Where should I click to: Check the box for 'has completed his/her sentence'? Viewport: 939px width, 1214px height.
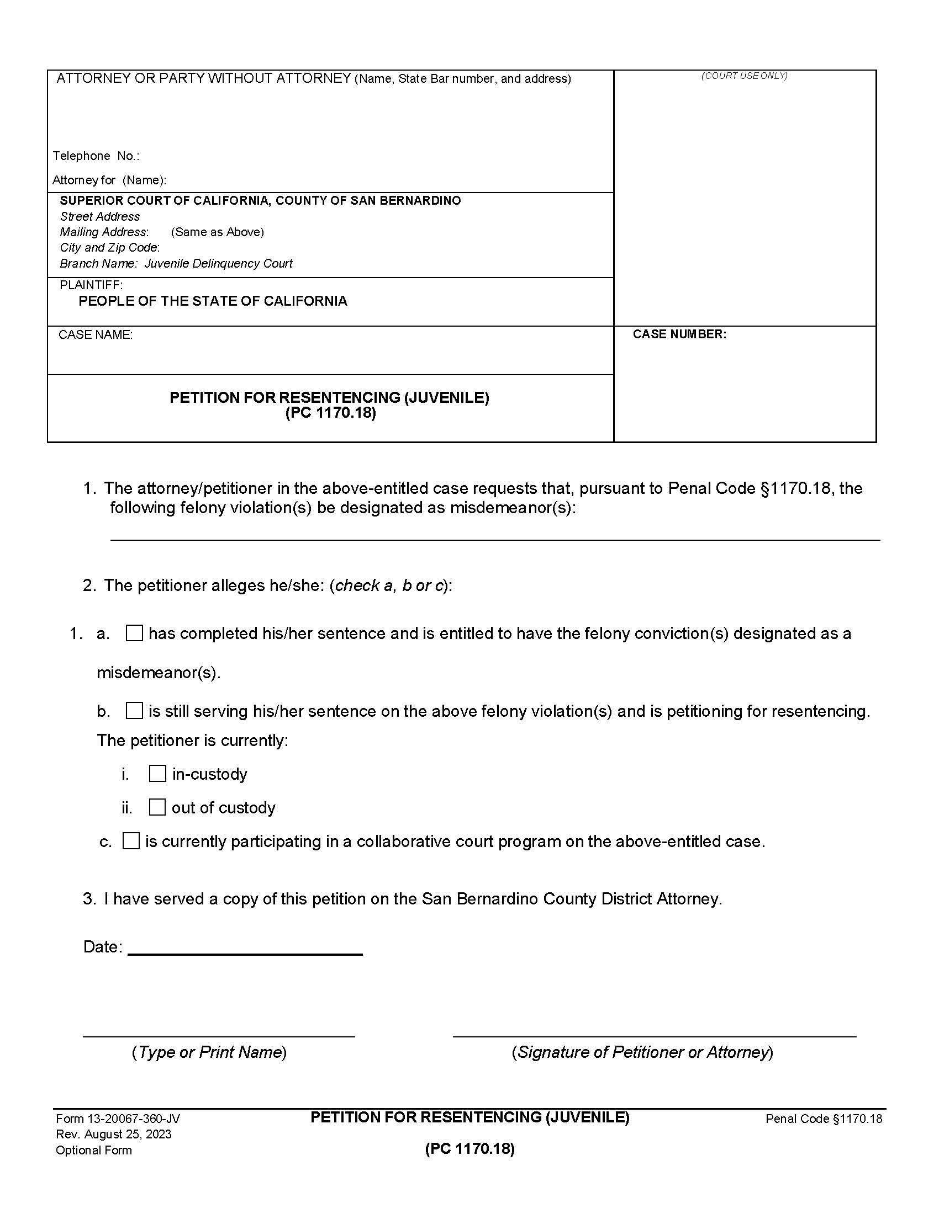[x=134, y=633]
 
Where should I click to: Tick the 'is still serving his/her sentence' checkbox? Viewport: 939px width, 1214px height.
[x=134, y=711]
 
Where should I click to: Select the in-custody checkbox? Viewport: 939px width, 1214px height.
[x=157, y=774]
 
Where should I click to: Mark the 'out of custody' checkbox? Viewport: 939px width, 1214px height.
[x=157, y=807]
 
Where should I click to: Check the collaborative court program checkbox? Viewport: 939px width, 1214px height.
[x=131, y=841]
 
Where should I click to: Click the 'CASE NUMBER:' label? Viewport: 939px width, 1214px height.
[x=679, y=334]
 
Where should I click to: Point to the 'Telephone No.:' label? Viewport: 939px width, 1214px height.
[x=96, y=156]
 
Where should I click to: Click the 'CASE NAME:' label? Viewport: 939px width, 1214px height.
[x=96, y=334]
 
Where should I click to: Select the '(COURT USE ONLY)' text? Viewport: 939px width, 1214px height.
[x=745, y=76]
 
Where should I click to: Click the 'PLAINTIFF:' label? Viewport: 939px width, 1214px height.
[x=91, y=285]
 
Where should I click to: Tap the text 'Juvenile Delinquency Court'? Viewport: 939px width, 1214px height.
[x=219, y=263]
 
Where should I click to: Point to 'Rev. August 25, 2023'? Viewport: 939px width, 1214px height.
[x=113, y=1135]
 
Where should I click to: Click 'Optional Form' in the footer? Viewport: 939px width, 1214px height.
[x=94, y=1150]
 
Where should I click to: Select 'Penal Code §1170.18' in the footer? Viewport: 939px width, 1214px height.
[x=824, y=1119]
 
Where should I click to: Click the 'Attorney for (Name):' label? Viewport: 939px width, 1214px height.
[x=109, y=180]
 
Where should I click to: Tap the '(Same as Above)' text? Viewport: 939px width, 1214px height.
[x=218, y=232]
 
